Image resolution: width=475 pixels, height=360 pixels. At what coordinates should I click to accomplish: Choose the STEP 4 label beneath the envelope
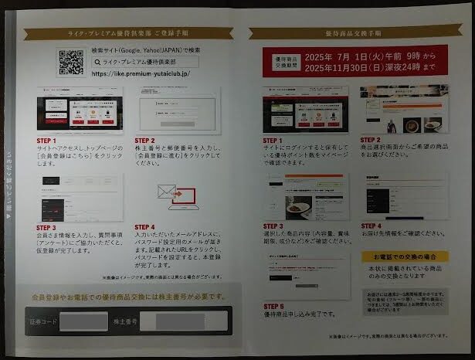point(145,229)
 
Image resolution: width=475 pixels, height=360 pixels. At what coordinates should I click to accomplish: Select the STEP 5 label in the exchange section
point(273,307)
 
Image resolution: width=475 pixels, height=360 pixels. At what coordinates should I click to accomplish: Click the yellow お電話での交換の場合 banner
point(403,256)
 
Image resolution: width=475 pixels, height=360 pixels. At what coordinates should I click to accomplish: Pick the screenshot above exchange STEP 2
point(403,109)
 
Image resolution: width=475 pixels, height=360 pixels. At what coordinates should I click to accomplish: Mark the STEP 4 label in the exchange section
point(371,226)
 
